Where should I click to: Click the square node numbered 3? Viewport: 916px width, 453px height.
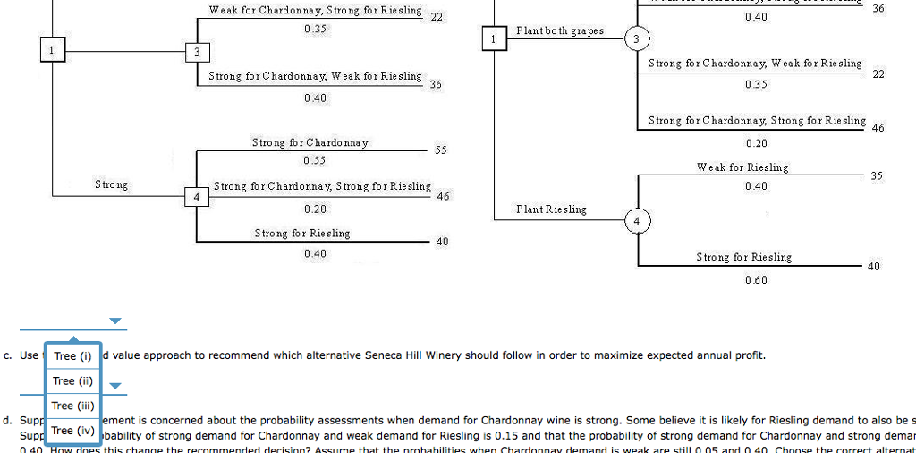[197, 52]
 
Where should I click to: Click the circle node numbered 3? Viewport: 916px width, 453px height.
[636, 39]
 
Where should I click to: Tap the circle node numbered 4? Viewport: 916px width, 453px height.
[636, 220]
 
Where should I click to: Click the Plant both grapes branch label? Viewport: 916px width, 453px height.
[560, 30]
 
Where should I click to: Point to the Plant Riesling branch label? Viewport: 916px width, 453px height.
[551, 209]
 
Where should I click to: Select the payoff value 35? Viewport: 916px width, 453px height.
[876, 176]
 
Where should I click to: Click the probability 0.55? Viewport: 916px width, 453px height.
[315, 160]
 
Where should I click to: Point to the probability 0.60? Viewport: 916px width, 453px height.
[756, 280]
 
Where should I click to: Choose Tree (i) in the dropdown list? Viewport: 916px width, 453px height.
[72, 356]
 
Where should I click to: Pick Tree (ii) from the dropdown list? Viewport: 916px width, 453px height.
[72, 380]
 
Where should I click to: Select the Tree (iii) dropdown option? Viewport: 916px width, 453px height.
[72, 406]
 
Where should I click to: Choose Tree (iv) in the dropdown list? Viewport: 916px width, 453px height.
[72, 431]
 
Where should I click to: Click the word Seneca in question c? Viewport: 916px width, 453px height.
[385, 355]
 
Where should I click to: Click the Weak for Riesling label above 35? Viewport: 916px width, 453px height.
[742, 167]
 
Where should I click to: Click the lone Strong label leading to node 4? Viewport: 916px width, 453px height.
[112, 184]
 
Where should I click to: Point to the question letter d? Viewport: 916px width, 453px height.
[7, 420]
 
